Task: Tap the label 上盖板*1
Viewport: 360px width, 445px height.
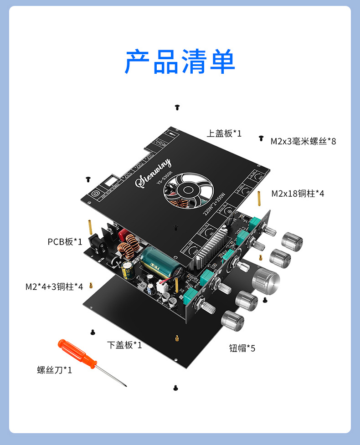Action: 224,133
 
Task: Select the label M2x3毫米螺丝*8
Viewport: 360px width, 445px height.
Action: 303,142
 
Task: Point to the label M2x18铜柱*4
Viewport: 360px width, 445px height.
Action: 298,194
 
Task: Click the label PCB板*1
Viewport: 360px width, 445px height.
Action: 65,241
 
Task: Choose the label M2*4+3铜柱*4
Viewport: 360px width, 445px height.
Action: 54,286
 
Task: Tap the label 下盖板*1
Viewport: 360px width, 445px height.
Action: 124,345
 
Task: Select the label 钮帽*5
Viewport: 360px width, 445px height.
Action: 242,348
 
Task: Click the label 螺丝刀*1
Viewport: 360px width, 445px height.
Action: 55,370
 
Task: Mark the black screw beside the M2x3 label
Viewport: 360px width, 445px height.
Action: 261,138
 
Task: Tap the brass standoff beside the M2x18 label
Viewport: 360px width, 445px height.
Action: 259,197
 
